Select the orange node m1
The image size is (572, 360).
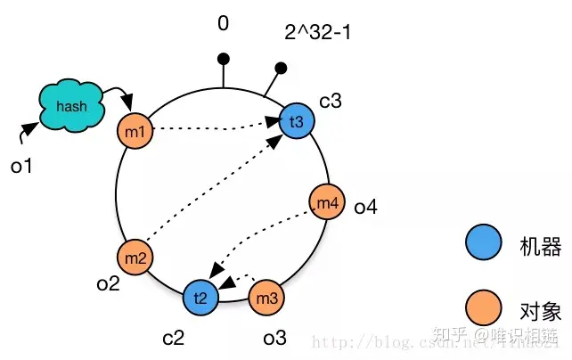[135, 134]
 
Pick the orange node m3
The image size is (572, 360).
[266, 298]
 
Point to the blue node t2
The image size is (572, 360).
[200, 298]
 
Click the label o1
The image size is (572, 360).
[22, 165]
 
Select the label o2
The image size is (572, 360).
[108, 283]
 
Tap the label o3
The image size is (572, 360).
[274, 337]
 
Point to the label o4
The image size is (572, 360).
[365, 208]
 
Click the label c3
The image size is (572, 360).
[330, 101]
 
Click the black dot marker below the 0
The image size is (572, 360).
[224, 59]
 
